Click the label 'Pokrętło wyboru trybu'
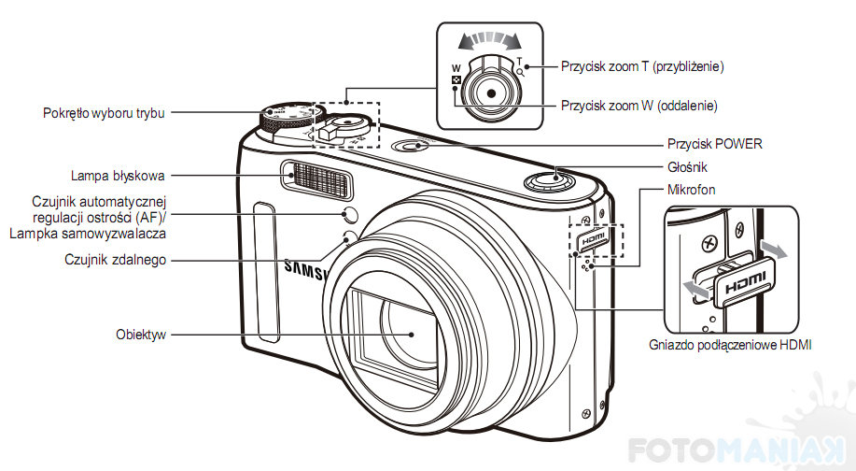104,113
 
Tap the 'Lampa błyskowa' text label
118,176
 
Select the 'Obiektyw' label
141,335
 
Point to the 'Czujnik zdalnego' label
115,260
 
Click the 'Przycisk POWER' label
715,144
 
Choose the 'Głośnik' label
687,167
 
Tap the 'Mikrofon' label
691,190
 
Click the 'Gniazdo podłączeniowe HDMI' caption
730,345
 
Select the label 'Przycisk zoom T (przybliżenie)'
642,66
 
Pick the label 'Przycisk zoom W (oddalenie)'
639,106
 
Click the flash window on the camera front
316,179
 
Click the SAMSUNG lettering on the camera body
307,270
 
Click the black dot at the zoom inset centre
491,93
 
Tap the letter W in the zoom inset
456,69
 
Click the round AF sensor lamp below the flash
350,214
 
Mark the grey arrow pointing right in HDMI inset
775,250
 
